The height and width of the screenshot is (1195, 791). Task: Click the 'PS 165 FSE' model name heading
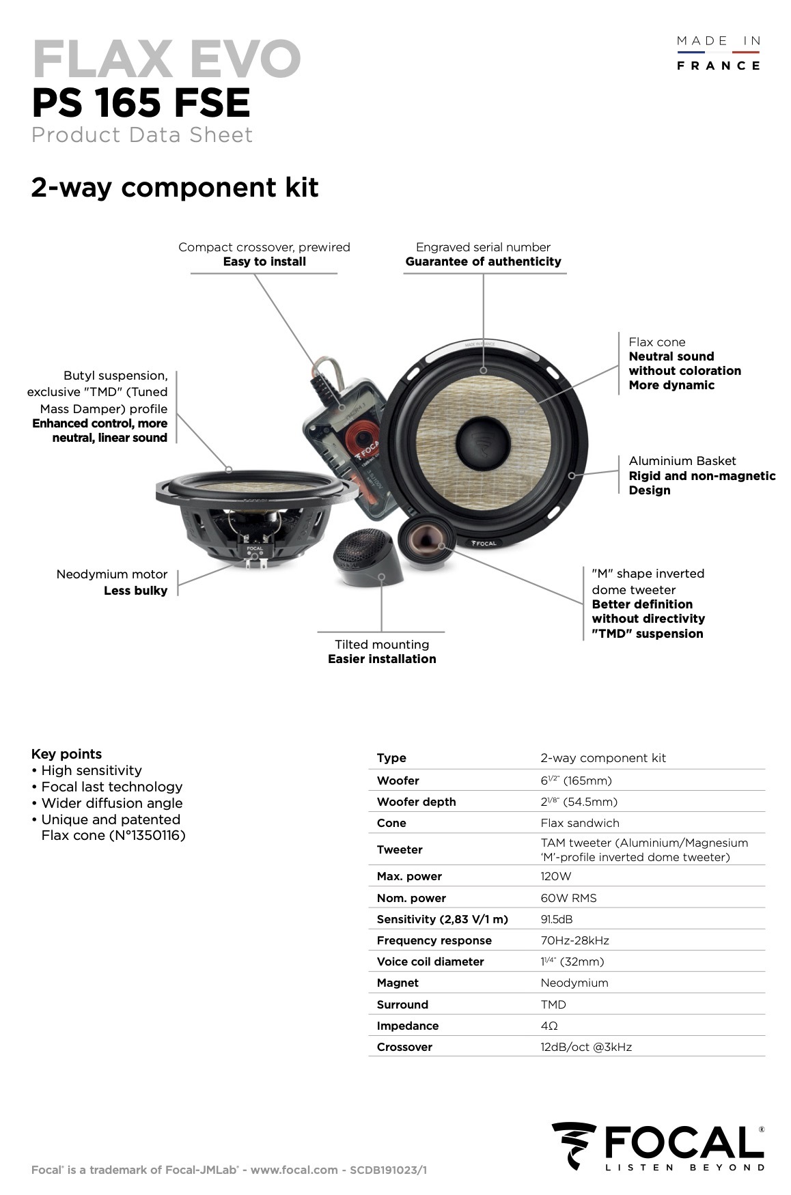(x=141, y=102)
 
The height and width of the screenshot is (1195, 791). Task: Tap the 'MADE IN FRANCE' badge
(x=718, y=53)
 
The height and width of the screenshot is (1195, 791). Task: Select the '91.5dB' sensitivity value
(x=557, y=919)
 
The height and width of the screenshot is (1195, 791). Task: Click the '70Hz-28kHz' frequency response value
(x=574, y=940)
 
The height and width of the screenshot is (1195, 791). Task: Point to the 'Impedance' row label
(x=408, y=1026)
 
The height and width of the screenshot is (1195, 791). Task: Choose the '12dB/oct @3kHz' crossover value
(x=586, y=1047)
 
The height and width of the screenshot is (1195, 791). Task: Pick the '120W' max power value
(x=556, y=876)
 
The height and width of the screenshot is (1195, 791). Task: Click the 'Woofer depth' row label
(x=416, y=802)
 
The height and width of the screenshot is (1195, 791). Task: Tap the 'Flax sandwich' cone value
(x=580, y=823)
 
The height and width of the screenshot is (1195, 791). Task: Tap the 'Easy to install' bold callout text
(x=264, y=262)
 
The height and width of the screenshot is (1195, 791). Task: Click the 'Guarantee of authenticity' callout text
(x=483, y=262)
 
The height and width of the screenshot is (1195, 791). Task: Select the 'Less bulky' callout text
(x=135, y=591)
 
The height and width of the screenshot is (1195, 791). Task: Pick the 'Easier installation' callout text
(x=382, y=659)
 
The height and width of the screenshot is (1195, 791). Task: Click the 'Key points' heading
(x=66, y=754)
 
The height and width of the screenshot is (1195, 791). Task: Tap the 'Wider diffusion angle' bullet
(x=112, y=803)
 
